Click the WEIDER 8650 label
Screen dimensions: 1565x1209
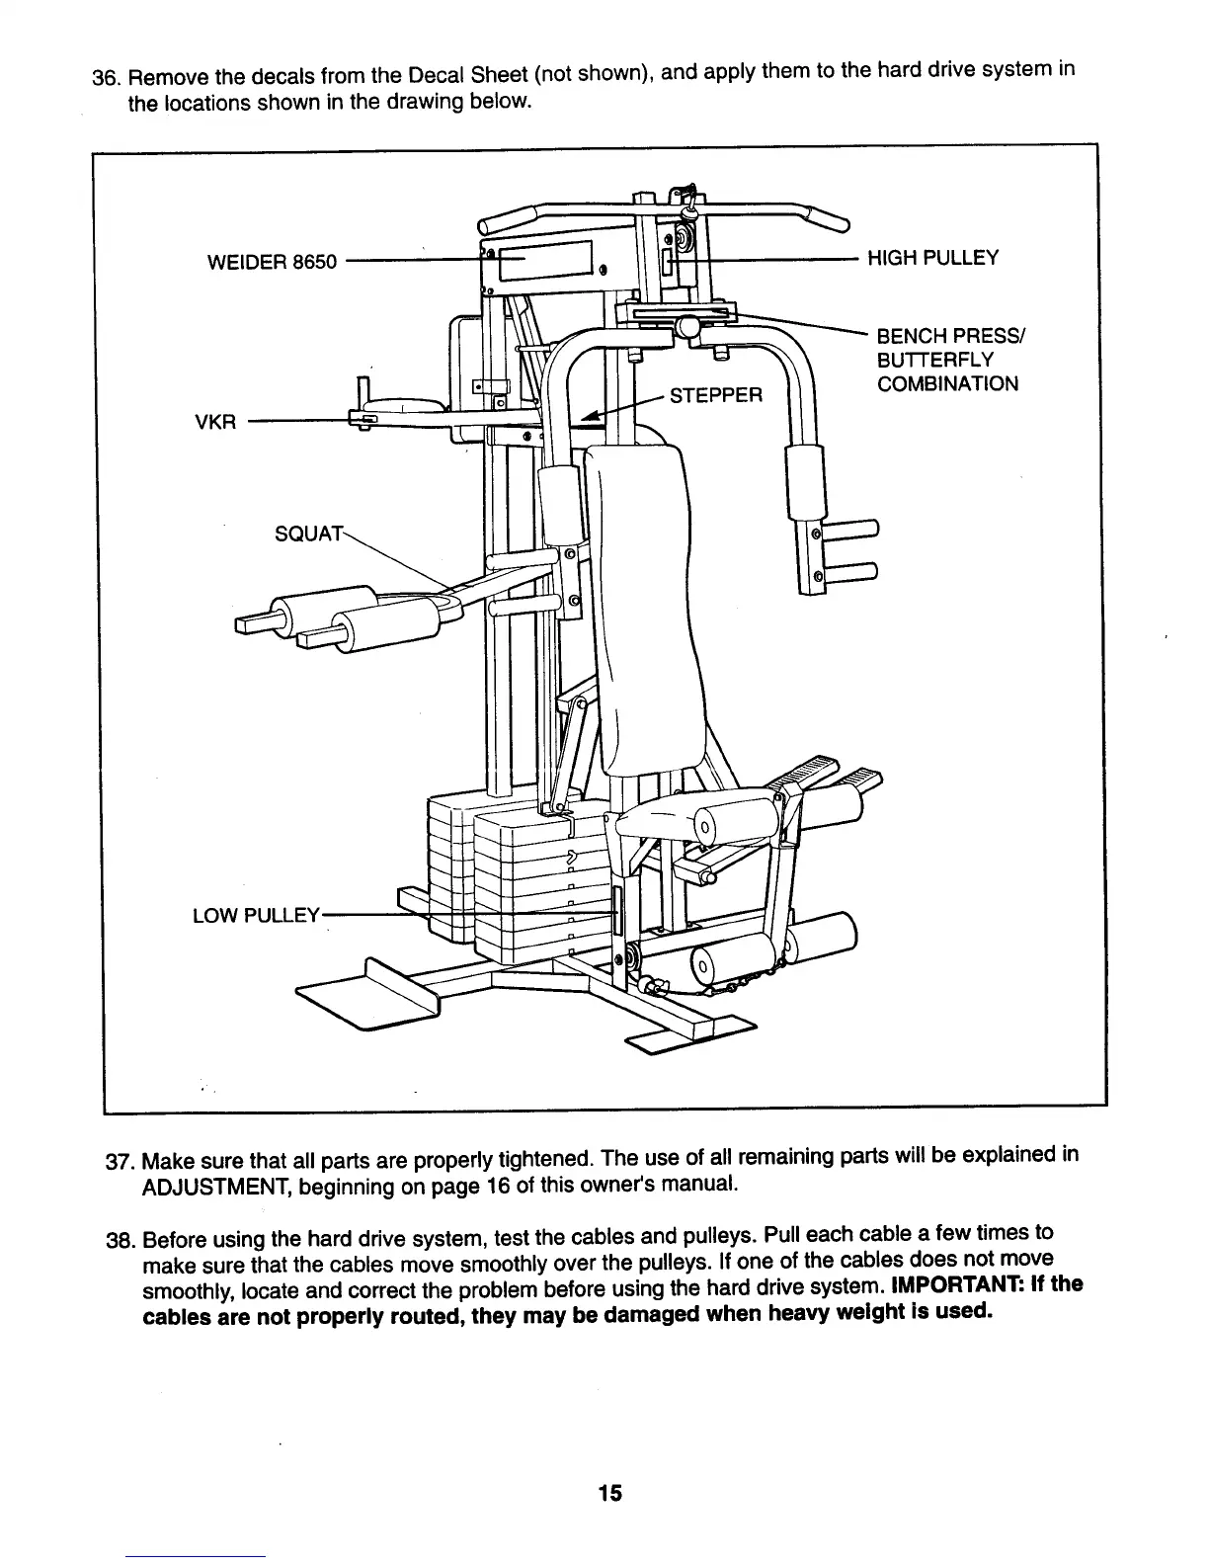click(x=272, y=262)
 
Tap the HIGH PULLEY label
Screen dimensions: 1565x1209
click(x=932, y=259)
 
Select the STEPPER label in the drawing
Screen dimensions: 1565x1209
click(x=716, y=396)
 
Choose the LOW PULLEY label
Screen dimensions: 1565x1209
click(x=256, y=915)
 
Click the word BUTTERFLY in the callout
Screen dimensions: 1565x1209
click(x=934, y=360)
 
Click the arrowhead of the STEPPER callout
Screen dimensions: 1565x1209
click(x=591, y=418)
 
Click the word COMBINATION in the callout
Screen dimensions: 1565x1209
click(x=947, y=384)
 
